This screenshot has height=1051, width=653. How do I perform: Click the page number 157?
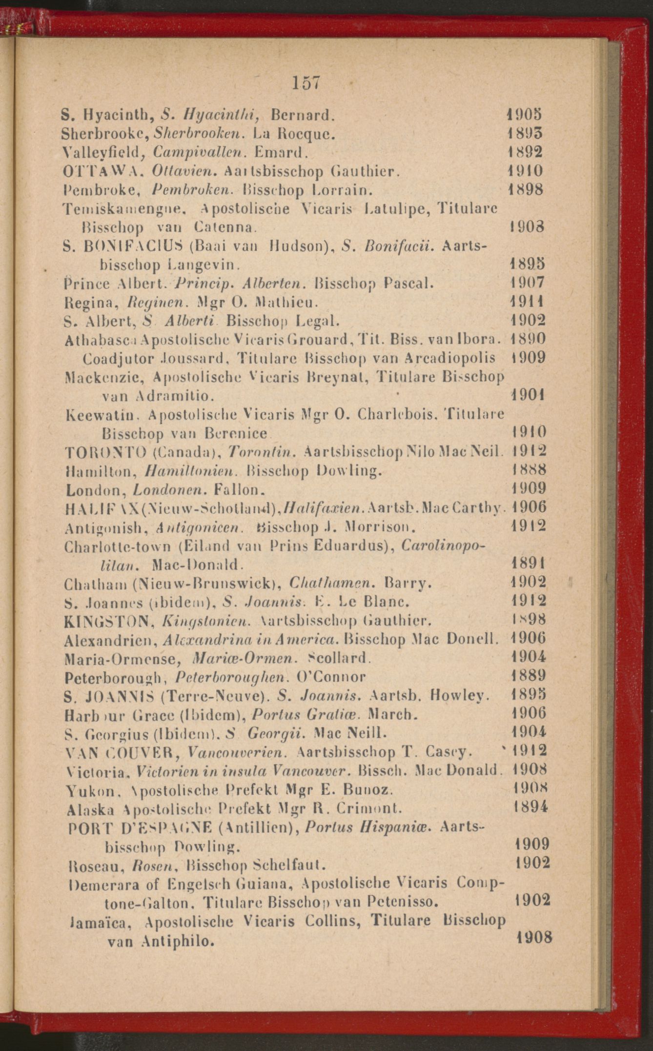click(x=306, y=83)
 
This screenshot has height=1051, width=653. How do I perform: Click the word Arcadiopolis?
click(x=450, y=358)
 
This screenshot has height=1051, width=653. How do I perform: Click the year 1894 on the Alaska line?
click(x=531, y=807)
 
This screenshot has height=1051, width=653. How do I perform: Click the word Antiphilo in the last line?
click(x=177, y=941)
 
